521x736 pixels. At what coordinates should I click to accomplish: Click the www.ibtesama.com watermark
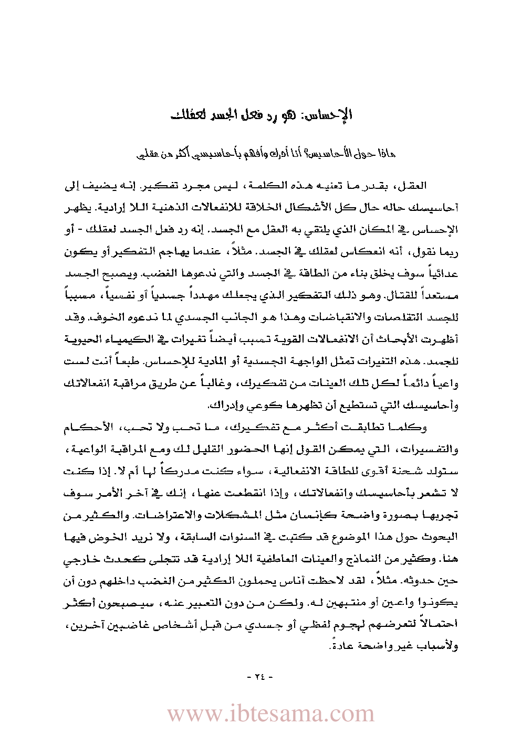(270, 714)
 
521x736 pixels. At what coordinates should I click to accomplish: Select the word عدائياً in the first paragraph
(444, 273)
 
